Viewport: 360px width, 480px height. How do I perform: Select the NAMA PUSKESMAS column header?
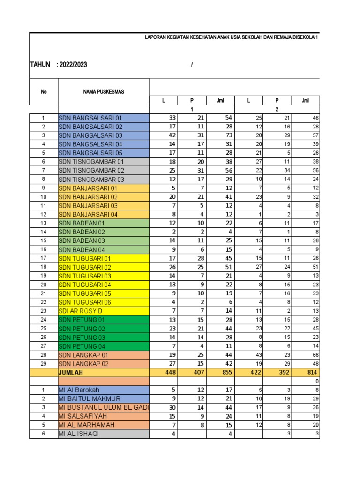coord(104,92)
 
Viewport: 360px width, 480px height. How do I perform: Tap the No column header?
coord(44,92)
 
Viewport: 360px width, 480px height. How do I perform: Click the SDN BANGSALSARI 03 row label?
coord(90,135)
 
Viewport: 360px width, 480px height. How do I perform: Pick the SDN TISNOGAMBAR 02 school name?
coord(91,171)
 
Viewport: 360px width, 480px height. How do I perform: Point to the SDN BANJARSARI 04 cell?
coord(88,214)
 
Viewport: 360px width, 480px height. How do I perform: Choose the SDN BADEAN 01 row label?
coord(82,223)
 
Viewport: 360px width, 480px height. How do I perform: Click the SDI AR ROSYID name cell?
coord(80,311)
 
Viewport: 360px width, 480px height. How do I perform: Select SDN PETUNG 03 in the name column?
coord(82,337)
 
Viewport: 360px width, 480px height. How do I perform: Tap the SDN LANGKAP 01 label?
coord(84,355)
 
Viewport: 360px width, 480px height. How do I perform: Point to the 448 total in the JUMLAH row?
coord(169,373)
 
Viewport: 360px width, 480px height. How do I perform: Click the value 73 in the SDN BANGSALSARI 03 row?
coord(222,135)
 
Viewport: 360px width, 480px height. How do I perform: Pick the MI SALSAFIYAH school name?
coord(83,416)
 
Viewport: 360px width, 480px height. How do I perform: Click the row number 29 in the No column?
coord(44,364)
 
